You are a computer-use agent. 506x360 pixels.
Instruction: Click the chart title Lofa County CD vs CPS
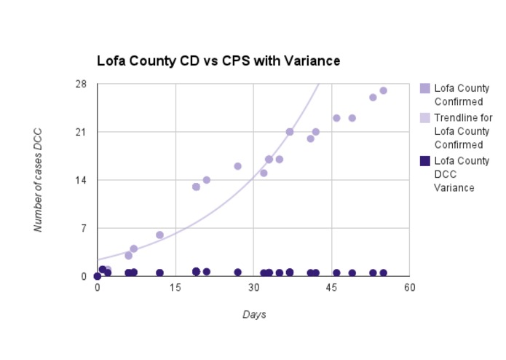[x=218, y=60]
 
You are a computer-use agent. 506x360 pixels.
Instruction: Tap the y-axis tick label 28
[x=81, y=84]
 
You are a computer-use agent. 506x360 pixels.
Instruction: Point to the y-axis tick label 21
[x=81, y=132]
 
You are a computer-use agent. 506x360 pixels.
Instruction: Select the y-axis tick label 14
[x=81, y=180]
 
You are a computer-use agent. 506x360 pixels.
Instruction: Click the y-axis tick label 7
[x=83, y=228]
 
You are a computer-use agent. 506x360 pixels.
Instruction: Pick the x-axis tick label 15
[x=175, y=288]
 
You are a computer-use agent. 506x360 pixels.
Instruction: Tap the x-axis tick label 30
[x=253, y=288]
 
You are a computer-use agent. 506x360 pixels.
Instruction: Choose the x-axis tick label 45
[x=331, y=288]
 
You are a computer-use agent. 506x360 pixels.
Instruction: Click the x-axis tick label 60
[x=409, y=288]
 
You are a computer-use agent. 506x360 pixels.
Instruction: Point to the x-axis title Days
[x=253, y=315]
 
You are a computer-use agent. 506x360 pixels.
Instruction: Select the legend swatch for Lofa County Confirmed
[x=425, y=89]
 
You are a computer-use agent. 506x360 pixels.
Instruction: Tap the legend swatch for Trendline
[x=425, y=117]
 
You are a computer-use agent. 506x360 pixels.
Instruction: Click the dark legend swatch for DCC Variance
[x=425, y=160]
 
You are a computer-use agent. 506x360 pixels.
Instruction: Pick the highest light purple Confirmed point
[x=383, y=90]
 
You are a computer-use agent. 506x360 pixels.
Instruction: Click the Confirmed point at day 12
[x=159, y=235]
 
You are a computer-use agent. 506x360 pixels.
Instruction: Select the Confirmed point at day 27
[x=237, y=166]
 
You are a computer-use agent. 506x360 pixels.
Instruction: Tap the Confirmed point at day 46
[x=336, y=118]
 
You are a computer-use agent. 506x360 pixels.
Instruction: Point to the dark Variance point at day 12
[x=159, y=273]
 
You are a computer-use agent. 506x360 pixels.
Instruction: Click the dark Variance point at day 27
[x=237, y=272]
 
